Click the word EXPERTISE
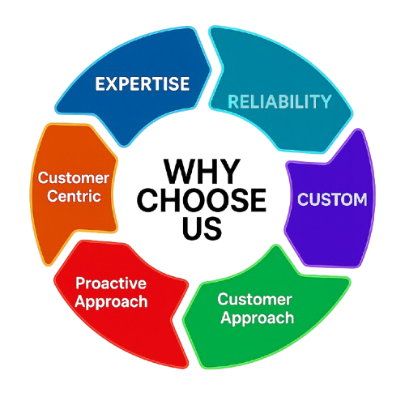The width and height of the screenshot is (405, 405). click(x=143, y=83)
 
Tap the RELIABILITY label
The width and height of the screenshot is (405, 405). click(x=279, y=101)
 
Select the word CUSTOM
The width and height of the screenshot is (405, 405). click(x=332, y=199)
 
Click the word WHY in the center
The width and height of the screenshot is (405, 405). click(x=202, y=171)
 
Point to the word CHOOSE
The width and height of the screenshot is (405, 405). click(x=202, y=200)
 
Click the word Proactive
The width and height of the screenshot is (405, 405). click(x=111, y=283)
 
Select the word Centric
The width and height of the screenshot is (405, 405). click(x=74, y=196)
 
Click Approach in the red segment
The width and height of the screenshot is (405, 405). click(x=111, y=302)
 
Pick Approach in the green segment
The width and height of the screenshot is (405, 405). click(x=258, y=318)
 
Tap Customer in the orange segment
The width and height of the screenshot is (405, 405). click(x=74, y=178)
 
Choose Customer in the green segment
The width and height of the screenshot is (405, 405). click(x=254, y=299)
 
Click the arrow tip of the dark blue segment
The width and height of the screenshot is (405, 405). click(x=211, y=70)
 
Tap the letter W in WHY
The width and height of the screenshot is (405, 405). click(x=178, y=171)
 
